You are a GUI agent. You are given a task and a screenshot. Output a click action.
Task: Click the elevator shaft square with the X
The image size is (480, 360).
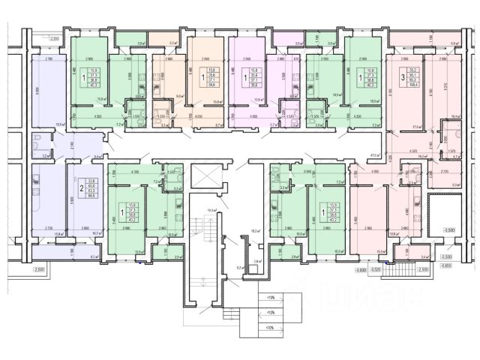(x=202, y=176)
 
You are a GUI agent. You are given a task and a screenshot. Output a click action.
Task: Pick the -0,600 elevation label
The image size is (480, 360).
(x=361, y=268)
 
